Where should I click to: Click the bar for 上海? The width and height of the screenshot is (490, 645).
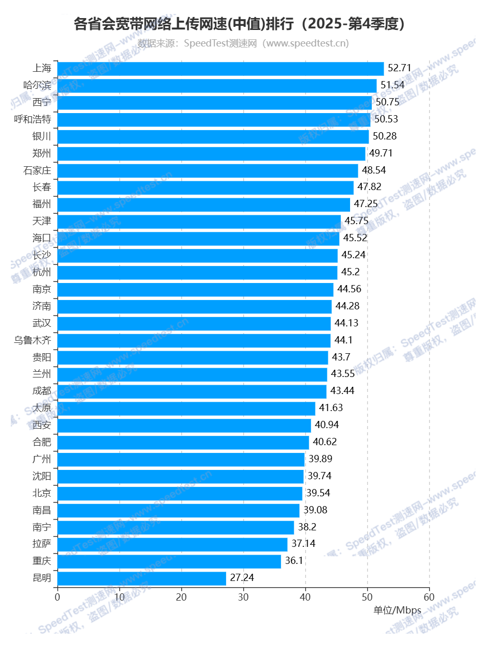[220, 69]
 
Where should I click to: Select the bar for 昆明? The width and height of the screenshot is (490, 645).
[141, 578]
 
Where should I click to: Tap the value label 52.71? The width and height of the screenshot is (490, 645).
[400, 68]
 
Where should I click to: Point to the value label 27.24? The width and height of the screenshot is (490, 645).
[242, 578]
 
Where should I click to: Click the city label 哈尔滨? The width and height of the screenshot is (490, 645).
[37, 85]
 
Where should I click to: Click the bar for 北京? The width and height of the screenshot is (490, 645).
[180, 493]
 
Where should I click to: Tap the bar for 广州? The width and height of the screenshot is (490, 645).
[181, 459]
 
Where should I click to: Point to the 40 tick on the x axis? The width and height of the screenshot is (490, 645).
[305, 597]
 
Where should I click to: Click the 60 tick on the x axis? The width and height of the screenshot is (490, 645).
[429, 597]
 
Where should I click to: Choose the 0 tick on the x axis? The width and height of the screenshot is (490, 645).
[57, 597]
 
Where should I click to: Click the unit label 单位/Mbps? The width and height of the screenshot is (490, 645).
[398, 610]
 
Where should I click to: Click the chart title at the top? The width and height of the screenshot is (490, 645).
[239, 24]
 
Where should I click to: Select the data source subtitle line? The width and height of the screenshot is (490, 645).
[243, 43]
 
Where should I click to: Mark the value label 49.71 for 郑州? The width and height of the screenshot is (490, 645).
[381, 153]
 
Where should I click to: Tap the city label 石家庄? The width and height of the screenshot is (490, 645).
[37, 170]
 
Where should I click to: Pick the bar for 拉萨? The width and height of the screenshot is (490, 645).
[172, 544]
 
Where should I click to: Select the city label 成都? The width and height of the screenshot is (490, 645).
[42, 391]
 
